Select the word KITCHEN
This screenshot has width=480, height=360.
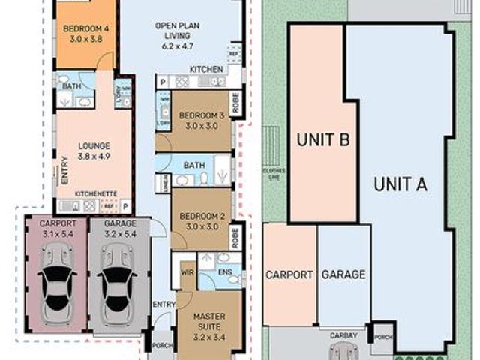pos(205,70)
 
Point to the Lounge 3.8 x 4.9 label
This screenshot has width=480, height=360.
pos(94,151)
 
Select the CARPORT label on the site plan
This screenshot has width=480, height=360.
pos(289,274)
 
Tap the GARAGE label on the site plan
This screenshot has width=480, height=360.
pos(343,274)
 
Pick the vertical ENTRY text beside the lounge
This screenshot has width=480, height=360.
pos(64,175)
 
